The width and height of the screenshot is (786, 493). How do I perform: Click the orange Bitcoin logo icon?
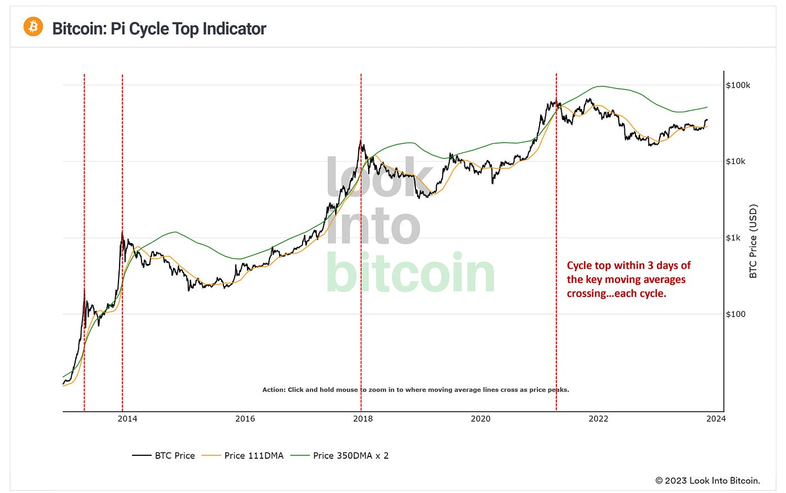[x=33, y=26]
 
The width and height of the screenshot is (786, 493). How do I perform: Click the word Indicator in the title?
[x=234, y=29]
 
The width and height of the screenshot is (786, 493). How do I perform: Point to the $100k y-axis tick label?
[x=738, y=85]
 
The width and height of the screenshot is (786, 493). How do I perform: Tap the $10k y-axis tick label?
[x=736, y=161]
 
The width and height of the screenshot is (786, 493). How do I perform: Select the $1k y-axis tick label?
[x=733, y=238]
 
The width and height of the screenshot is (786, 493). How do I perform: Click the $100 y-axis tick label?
[x=736, y=314]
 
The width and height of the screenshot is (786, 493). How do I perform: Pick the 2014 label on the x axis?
[x=127, y=419]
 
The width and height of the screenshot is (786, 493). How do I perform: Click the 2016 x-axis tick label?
[x=245, y=419]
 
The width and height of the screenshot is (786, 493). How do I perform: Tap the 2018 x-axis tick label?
[x=363, y=419]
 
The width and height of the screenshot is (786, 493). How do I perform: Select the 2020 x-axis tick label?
[x=481, y=419]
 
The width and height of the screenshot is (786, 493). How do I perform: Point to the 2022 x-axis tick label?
[x=598, y=419]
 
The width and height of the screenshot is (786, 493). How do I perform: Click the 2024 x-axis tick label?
[x=716, y=419]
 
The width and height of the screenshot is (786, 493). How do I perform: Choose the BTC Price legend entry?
[x=163, y=455]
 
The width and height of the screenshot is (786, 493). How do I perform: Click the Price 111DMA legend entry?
[x=243, y=455]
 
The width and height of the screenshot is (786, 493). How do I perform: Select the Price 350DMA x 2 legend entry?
[x=340, y=455]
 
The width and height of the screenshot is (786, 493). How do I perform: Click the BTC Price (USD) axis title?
[x=753, y=241]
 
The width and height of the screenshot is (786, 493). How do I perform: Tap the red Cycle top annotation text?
[x=628, y=279]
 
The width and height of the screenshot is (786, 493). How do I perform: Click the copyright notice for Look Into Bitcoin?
[x=707, y=481]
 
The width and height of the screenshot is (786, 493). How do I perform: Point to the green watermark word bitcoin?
[x=410, y=272]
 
